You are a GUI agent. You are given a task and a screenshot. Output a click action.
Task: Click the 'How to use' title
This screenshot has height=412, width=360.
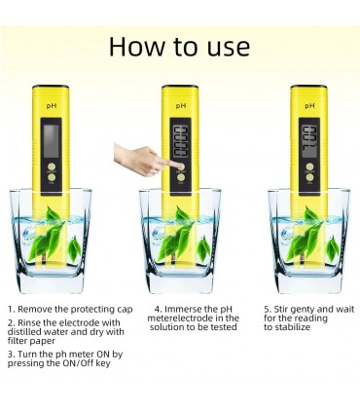click(179, 47)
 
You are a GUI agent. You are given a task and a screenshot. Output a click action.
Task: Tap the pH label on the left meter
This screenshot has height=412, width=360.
click(52, 106)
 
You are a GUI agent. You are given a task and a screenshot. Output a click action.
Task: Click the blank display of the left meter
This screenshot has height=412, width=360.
click(52, 140)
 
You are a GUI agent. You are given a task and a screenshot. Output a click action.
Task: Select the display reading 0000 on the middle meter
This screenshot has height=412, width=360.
click(180, 141)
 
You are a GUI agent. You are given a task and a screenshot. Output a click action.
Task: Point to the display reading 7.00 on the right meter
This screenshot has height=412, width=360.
click(309, 142)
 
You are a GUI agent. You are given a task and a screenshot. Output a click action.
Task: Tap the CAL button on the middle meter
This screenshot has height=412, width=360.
click(181, 177)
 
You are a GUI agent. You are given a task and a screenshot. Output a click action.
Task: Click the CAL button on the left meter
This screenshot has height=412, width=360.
click(52, 177)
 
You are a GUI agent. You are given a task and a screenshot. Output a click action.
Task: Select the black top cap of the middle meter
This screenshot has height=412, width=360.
click(180, 87)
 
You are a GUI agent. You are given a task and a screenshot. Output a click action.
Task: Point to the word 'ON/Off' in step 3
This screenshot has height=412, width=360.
click(78, 363)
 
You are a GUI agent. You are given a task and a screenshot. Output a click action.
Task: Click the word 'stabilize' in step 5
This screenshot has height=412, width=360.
click(293, 327)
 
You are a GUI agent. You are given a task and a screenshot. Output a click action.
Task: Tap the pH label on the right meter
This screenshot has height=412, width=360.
click(309, 106)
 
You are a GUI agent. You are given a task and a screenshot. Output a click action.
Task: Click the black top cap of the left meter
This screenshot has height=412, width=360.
click(51, 87)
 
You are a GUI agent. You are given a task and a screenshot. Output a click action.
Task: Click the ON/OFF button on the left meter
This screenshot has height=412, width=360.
click(52, 166)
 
